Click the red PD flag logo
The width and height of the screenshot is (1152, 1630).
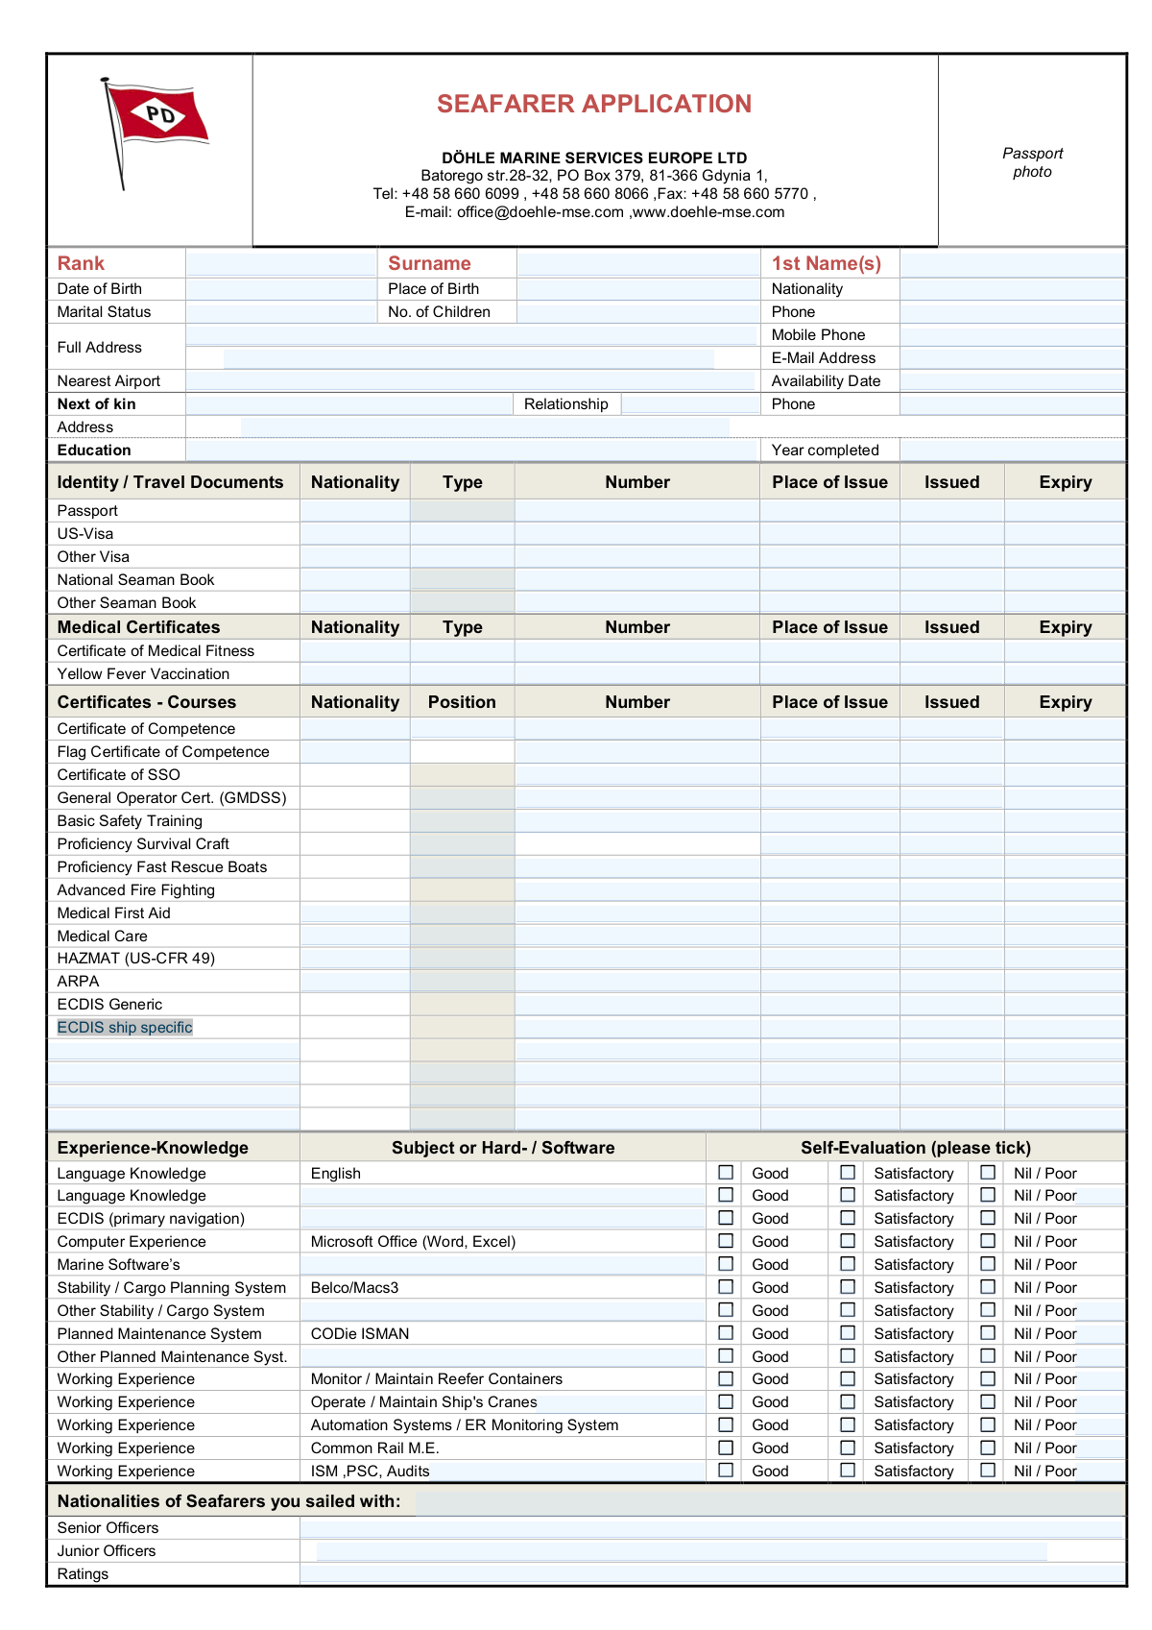[x=157, y=117]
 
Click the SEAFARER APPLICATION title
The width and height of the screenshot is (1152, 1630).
[x=594, y=104]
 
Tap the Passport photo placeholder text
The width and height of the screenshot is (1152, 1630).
[x=1032, y=162]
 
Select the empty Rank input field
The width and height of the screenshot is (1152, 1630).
[x=281, y=263]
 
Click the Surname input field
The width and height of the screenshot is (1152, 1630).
[x=637, y=263]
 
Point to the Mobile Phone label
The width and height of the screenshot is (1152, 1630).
[x=818, y=335]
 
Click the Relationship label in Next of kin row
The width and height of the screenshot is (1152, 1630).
[x=565, y=404]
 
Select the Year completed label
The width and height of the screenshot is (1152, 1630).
[x=825, y=450]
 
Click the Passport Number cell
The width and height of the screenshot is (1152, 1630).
[x=637, y=511]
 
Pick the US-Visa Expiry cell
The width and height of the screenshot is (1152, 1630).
[x=1065, y=534]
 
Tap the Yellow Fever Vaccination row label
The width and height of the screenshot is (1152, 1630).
[x=143, y=674]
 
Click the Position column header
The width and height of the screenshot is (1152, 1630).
[x=462, y=702]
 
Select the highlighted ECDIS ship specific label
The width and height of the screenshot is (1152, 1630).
[x=125, y=1028]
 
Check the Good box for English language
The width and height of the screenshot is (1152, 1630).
[x=727, y=1173]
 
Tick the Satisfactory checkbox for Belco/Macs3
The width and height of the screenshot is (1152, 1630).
[x=848, y=1287]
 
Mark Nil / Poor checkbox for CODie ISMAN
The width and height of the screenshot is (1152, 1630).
[x=988, y=1333]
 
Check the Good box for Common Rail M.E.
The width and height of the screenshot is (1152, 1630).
[x=727, y=1448]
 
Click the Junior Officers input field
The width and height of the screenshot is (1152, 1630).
[x=682, y=1551]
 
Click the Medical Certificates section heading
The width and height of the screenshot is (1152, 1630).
[x=138, y=627]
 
